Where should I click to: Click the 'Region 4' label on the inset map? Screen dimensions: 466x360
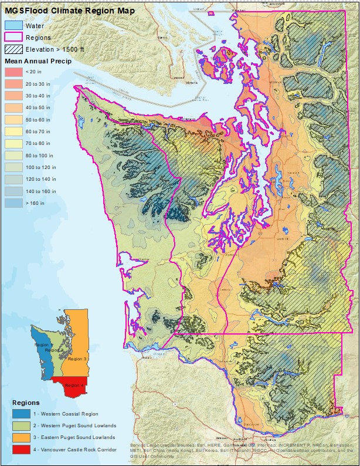coord(74,385)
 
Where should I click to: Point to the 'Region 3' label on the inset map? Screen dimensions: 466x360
coord(77,358)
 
